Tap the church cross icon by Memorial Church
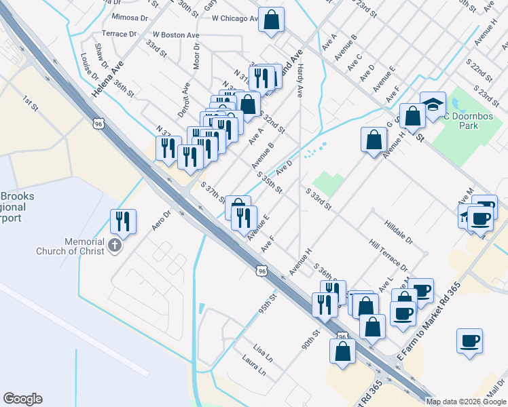(x=115, y=246)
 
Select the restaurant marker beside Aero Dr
(x=123, y=221)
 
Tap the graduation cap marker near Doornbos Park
(x=433, y=104)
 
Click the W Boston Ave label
(x=175, y=34)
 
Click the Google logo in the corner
(x=22, y=399)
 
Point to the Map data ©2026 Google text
(x=465, y=402)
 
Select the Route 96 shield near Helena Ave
(x=99, y=123)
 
